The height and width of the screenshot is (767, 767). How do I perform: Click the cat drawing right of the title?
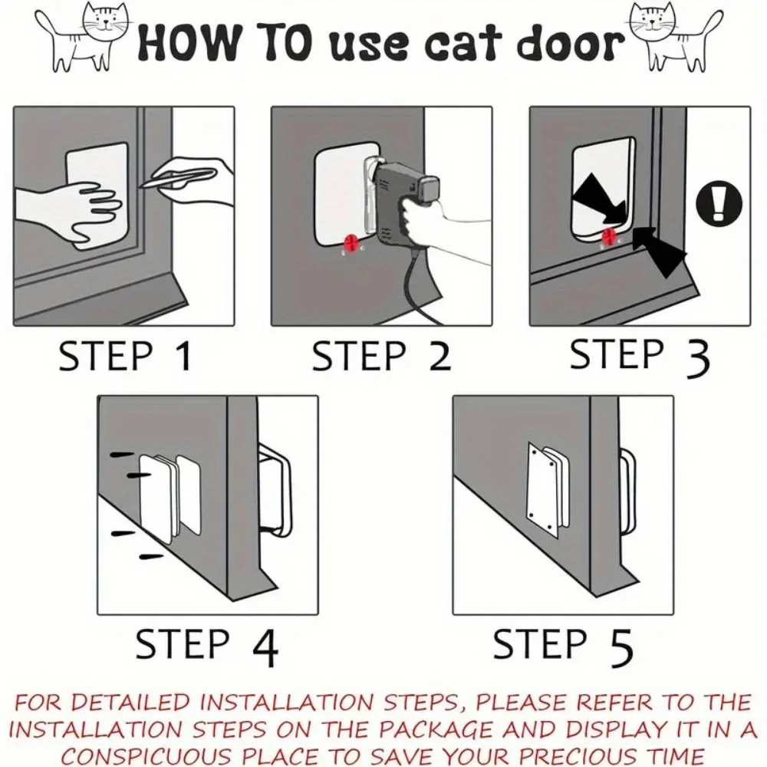click(675, 41)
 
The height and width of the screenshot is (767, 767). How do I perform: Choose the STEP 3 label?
click(640, 355)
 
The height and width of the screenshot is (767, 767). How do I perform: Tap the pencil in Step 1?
click(177, 178)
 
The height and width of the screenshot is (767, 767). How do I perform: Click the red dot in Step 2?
click(352, 243)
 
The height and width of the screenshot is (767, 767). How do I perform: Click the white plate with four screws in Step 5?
click(542, 487)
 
